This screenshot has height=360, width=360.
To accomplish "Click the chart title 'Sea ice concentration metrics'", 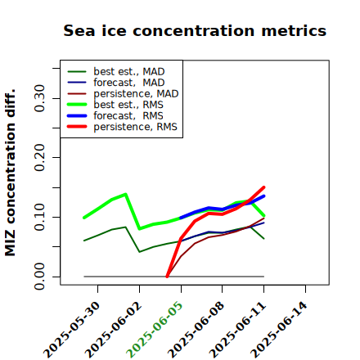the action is tap(195, 30).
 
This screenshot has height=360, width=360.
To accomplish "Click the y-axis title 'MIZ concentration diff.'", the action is tap(10, 173).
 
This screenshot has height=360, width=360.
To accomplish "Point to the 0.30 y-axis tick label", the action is tap(39, 98).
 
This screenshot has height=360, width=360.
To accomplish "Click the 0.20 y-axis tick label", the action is tap(39, 157).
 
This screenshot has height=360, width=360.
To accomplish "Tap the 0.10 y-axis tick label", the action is tap(39, 217).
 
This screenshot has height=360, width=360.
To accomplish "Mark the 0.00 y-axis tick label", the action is tap(39, 277).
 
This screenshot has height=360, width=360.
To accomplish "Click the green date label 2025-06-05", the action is tap(155, 330).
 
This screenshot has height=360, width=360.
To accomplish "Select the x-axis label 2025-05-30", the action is tap(71, 330).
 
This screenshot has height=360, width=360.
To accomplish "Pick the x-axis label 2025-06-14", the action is tap(279, 330).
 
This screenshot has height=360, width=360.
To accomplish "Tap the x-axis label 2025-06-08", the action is tap(196, 330).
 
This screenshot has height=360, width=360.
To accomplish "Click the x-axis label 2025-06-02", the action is tap(113, 330).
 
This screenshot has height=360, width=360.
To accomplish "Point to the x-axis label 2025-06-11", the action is tap(237, 330).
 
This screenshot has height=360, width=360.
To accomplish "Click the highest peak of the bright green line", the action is tap(125, 194).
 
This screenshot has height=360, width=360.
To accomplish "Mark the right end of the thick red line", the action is tap(264, 187).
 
